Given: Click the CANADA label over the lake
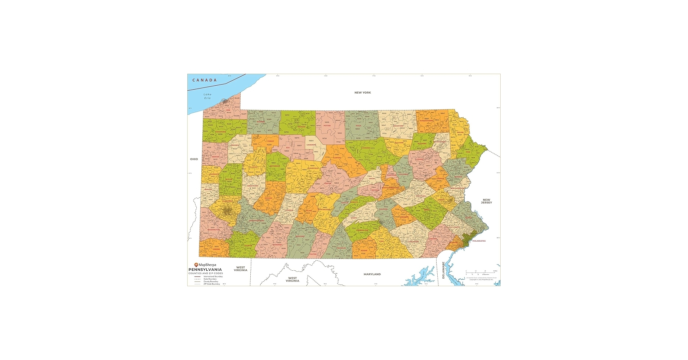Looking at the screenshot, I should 204,80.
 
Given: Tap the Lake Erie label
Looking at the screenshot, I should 207,96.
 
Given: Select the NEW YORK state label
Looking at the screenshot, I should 362,93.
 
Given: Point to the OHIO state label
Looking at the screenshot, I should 194,159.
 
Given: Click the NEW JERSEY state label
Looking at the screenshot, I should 486,201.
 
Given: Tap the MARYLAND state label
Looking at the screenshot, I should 372,274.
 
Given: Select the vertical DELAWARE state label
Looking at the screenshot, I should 443,270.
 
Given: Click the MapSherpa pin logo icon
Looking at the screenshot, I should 196,265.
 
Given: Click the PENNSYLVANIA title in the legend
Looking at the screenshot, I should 205,270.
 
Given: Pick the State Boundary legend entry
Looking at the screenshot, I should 210,279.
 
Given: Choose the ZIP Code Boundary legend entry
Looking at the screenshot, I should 211,284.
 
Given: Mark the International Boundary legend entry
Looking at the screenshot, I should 213,276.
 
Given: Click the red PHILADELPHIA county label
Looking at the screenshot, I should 479,241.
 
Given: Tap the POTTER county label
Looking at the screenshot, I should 327,126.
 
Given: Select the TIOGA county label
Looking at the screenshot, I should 358,126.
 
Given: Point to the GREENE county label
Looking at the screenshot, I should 216,249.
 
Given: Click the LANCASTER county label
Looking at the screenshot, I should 413,241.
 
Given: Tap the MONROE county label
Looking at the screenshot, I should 458,177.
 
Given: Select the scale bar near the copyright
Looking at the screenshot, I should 481,273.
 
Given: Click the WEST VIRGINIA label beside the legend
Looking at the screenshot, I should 240,269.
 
